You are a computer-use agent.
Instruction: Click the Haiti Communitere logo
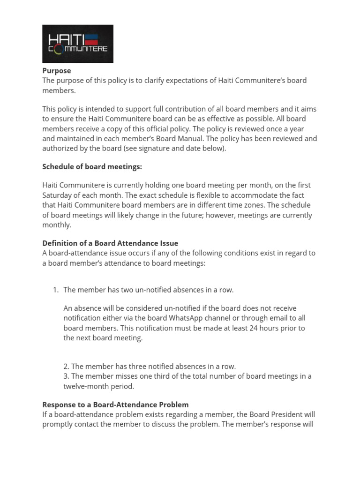(x=78, y=44)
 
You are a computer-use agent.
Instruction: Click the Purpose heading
(x=57, y=71)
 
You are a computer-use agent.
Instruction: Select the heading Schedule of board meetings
(x=92, y=167)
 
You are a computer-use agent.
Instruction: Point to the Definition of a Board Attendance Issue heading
(x=110, y=243)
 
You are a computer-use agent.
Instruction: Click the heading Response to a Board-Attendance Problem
(x=115, y=405)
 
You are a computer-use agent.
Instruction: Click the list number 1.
(x=55, y=290)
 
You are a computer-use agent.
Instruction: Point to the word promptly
(x=59, y=425)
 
